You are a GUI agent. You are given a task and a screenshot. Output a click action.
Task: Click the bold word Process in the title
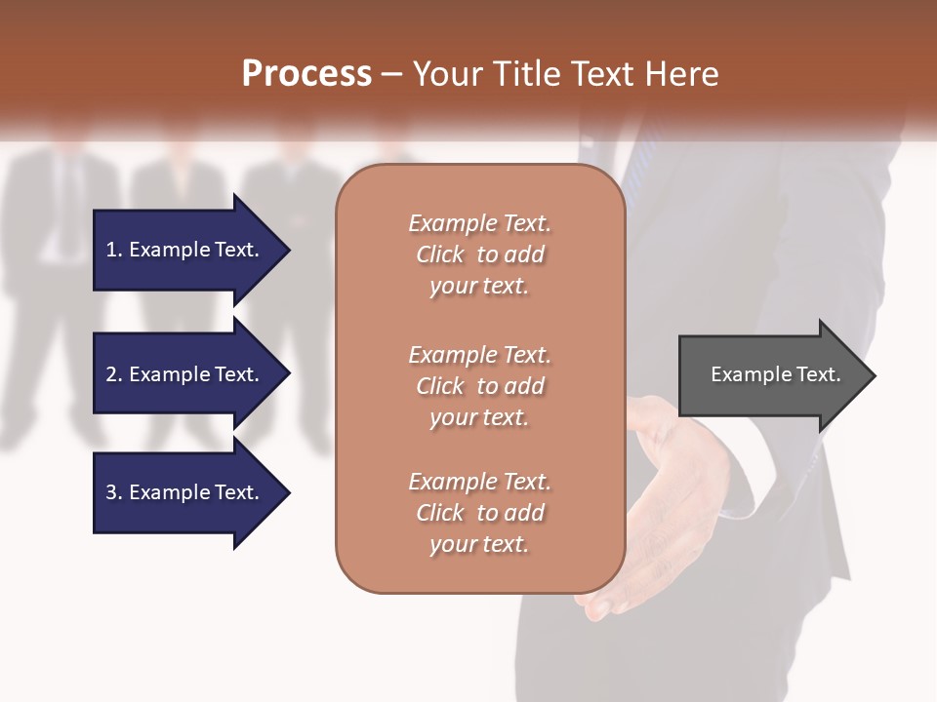click(x=306, y=74)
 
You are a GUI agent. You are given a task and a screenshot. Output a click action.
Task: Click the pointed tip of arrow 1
click(x=287, y=250)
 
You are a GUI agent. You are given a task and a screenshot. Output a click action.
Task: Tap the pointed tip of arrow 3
click(x=287, y=492)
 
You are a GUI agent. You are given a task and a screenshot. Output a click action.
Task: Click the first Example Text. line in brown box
click(x=479, y=223)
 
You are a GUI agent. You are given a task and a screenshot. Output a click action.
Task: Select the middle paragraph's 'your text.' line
click(x=479, y=417)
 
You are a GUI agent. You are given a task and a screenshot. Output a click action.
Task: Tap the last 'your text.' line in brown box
click(x=479, y=544)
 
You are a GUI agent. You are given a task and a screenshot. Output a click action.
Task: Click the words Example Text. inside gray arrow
click(x=775, y=374)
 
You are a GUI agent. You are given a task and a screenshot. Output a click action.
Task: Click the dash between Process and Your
click(x=392, y=74)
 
